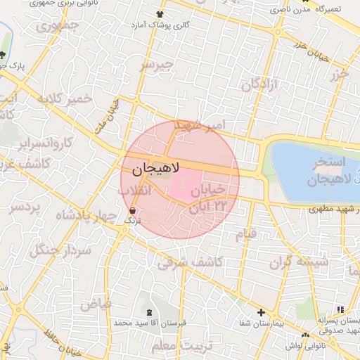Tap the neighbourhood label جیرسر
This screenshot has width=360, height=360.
(x=156, y=65)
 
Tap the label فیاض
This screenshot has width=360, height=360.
(x=96, y=304)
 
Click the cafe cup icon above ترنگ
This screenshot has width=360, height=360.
(x=133, y=210)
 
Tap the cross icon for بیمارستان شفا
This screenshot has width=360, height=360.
(x=261, y=312)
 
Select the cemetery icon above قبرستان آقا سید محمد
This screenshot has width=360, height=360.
(x=148, y=311)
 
